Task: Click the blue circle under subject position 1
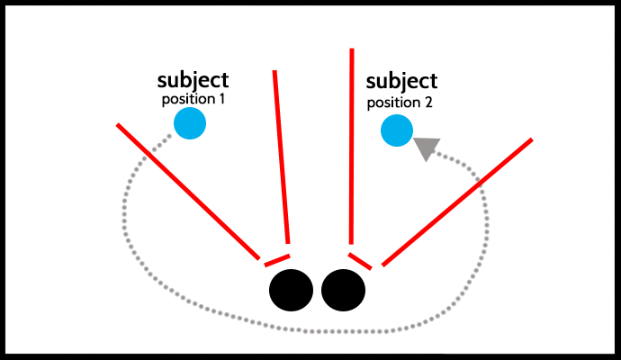(190, 123)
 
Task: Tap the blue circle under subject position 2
(396, 131)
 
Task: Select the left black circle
(292, 290)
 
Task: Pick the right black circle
(343, 290)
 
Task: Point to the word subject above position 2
(402, 82)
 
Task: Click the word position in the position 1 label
(187, 99)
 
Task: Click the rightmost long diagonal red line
(457, 202)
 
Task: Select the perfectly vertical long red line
(351, 144)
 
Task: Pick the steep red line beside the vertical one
(281, 157)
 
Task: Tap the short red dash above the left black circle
(275, 260)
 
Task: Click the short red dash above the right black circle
(360, 260)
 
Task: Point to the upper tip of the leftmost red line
(118, 125)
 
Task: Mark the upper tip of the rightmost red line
(531, 140)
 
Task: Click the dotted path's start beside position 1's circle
(169, 137)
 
